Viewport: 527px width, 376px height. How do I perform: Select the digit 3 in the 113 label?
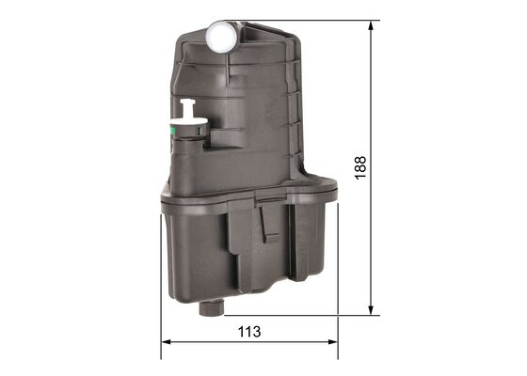coord(255,332)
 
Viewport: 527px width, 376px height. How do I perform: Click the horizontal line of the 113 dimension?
coord(282,342)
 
